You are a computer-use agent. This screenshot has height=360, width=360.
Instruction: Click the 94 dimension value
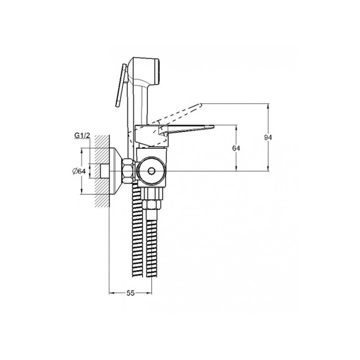pos(268,137)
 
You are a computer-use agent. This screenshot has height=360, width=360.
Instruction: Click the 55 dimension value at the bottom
pos(130,293)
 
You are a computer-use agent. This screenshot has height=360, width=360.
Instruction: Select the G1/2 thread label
pos(82,136)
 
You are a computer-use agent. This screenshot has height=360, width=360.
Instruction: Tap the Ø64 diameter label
pos(79,171)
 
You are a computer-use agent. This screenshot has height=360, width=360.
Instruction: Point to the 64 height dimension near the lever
pos(236,148)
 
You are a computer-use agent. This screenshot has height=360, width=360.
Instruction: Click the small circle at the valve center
pos(151,171)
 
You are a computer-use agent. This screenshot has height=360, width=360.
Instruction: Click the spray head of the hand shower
pos(145,71)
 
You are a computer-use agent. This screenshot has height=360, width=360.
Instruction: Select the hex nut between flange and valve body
pos(128,171)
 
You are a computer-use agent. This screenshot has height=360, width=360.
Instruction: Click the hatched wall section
pos(102,171)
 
